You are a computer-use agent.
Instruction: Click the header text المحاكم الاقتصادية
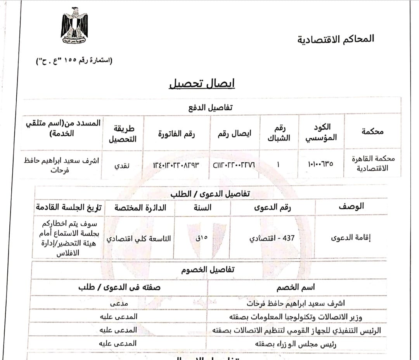click(x=336, y=39)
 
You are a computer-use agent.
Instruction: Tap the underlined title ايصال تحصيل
click(x=202, y=83)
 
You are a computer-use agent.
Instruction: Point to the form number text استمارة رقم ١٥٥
click(x=73, y=61)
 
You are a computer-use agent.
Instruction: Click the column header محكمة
click(x=372, y=131)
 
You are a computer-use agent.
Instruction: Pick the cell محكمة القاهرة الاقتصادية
click(x=370, y=163)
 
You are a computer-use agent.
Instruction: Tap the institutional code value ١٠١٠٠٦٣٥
click(x=320, y=164)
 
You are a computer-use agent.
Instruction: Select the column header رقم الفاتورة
click(x=177, y=134)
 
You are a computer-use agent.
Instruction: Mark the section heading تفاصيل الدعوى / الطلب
click(x=210, y=193)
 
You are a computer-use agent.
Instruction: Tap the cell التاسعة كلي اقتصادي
click(x=139, y=238)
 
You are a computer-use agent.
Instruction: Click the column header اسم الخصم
click(x=296, y=287)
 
